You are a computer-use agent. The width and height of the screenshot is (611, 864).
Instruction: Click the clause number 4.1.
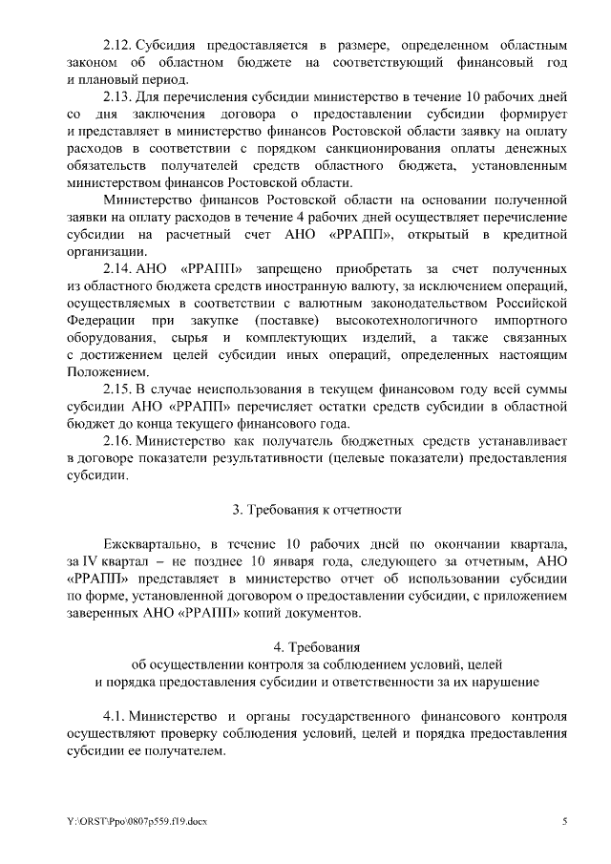pyautogui.click(x=116, y=715)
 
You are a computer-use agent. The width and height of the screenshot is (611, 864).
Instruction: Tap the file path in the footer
pyautogui.click(x=125, y=821)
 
